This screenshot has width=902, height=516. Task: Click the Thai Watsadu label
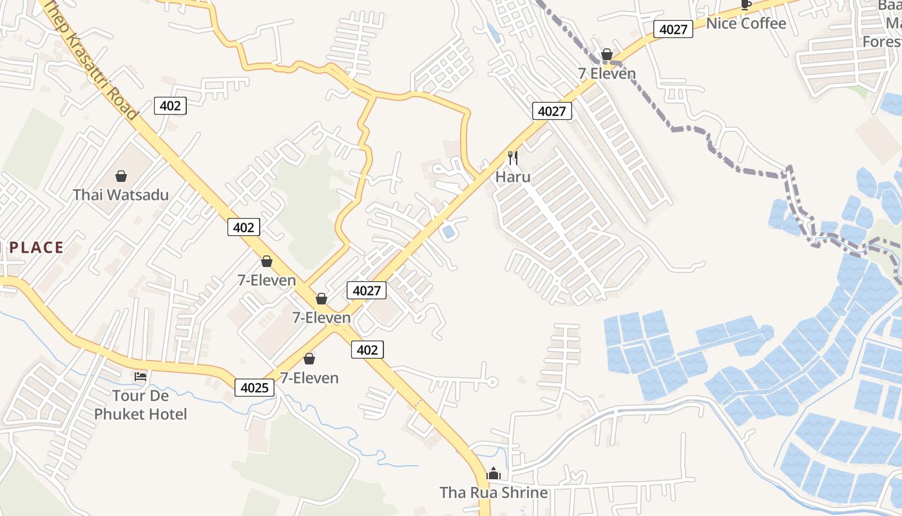point(120,195)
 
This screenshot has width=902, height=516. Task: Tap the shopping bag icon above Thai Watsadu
point(121,175)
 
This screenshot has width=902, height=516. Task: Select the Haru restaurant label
point(513,176)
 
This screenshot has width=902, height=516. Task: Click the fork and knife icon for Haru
point(513,157)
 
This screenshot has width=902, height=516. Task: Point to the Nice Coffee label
point(746,24)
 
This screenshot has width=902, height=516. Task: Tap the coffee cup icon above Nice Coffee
point(746,5)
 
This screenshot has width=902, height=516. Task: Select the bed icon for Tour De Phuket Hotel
point(140,377)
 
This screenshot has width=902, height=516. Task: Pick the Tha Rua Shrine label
point(494,493)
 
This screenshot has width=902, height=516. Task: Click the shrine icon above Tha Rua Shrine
point(494,474)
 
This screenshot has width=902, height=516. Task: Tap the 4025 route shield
point(254,388)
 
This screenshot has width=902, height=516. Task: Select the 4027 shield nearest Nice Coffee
point(673,29)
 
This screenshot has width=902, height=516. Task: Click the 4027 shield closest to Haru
point(552,111)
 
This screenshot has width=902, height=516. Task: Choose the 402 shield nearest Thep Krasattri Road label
point(170,105)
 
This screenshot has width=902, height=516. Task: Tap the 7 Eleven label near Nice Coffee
point(607,74)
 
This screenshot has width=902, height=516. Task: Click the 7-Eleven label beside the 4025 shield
point(309,378)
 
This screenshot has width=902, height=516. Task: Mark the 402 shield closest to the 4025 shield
point(367,350)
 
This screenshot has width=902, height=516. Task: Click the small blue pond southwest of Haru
point(449,231)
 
